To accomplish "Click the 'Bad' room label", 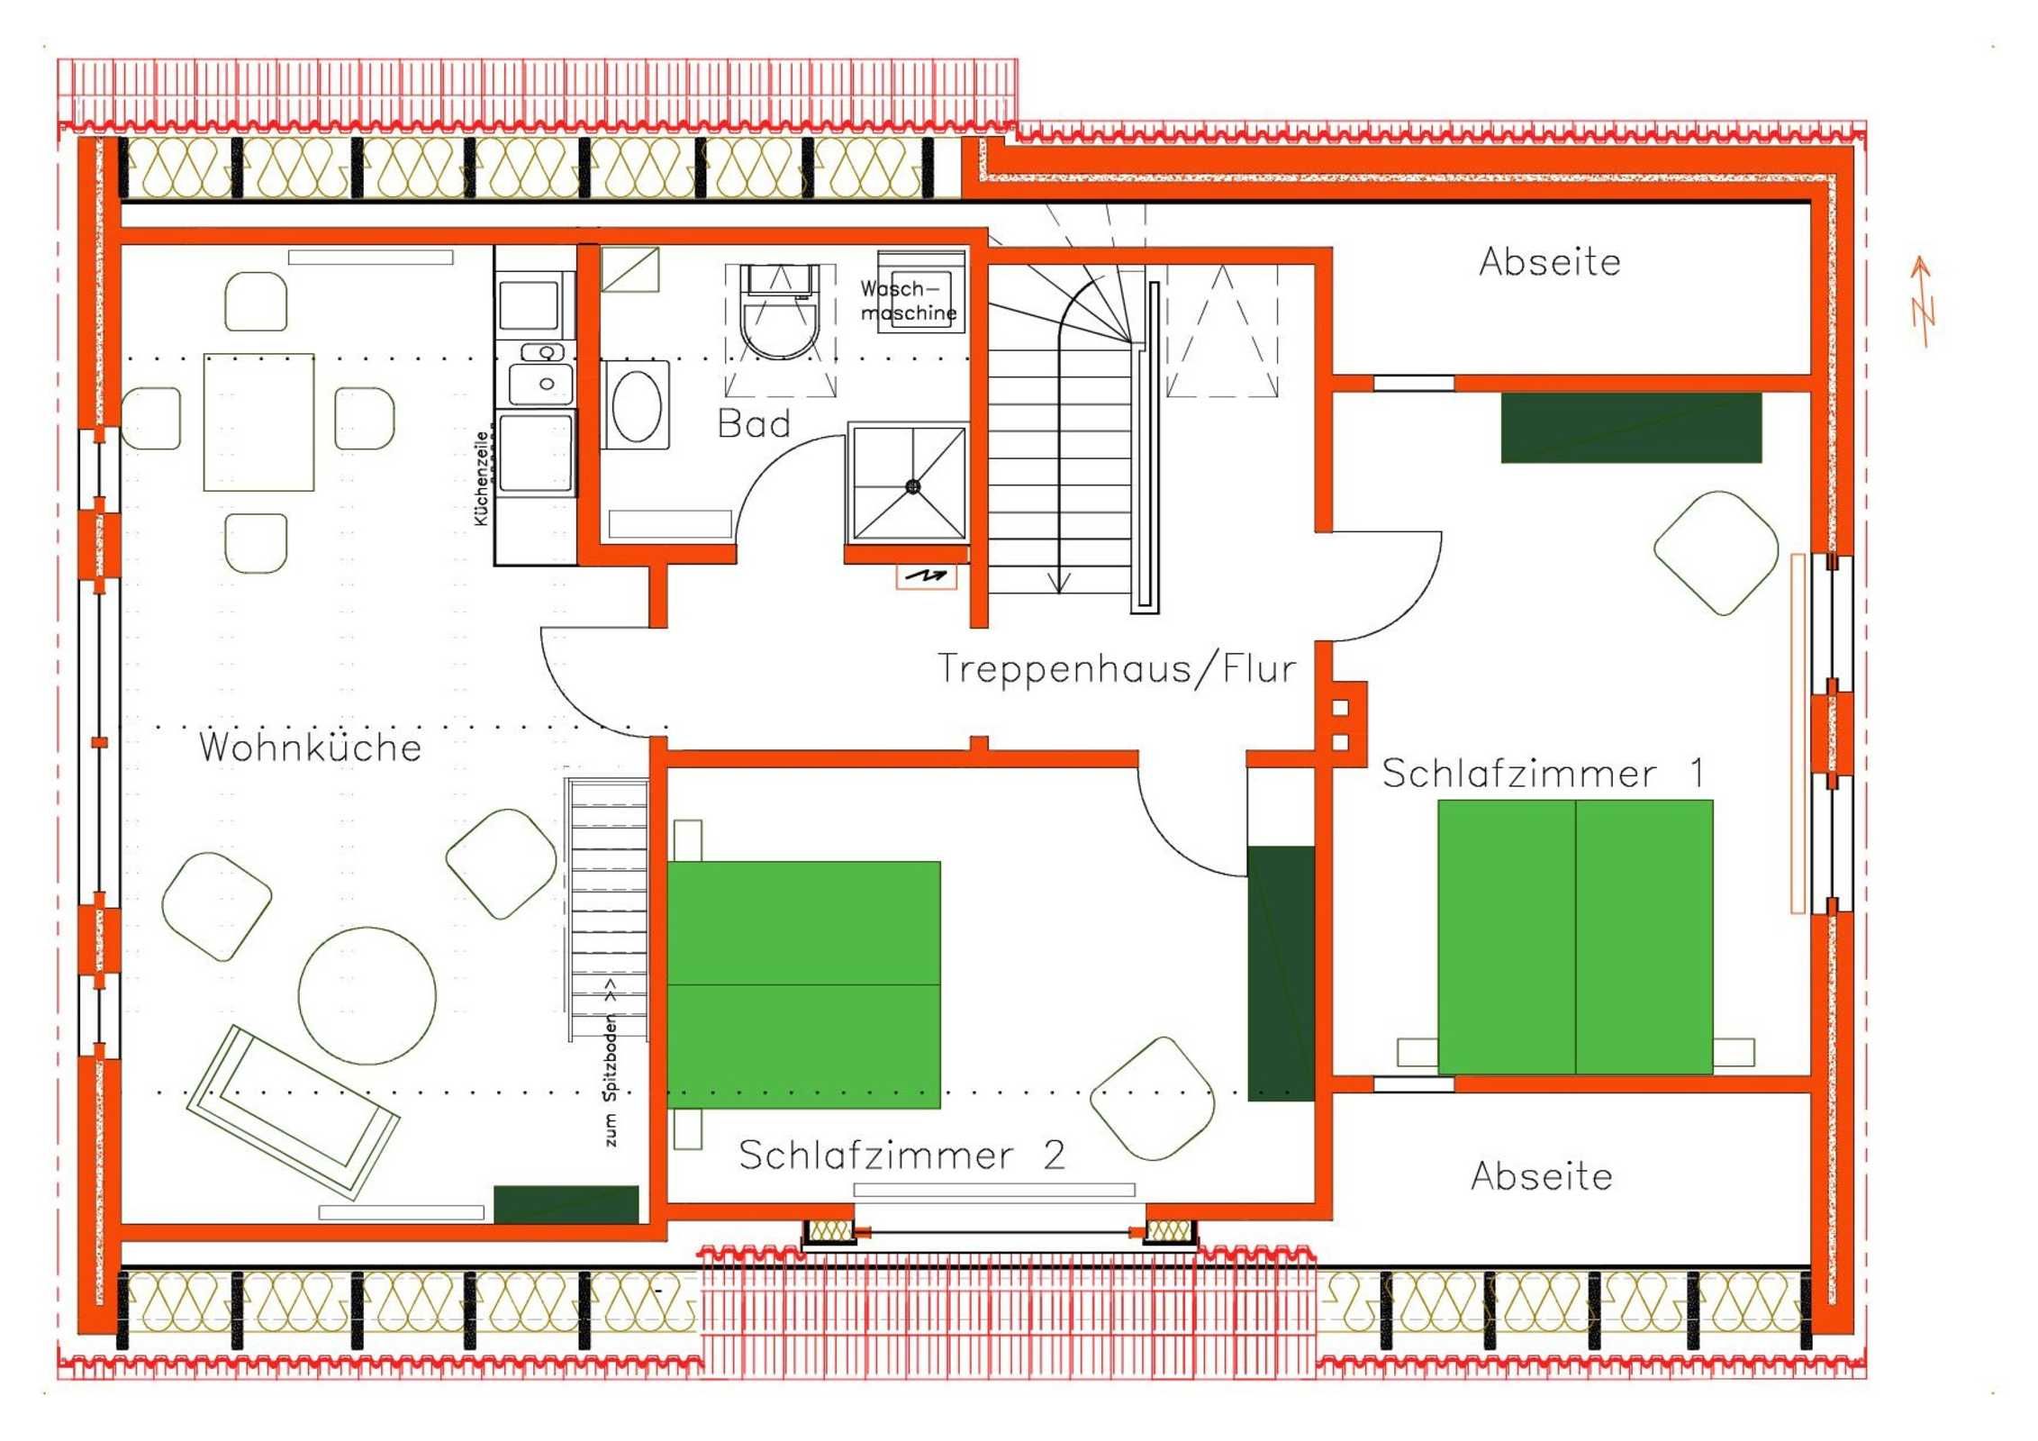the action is click(754, 423).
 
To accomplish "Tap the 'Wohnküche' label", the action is click(311, 748).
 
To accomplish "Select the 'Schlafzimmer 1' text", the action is click(1543, 774).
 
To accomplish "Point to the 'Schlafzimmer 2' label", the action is click(901, 1156).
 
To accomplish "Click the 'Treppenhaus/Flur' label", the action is click(1117, 668).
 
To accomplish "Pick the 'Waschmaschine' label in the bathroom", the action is click(908, 301).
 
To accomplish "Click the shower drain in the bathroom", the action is click(912, 486).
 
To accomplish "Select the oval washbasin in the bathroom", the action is click(637, 405).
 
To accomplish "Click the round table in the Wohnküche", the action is click(367, 996).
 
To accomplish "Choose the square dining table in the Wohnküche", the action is click(259, 422).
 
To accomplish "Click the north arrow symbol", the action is click(1923, 302).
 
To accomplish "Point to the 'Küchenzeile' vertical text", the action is click(481, 478).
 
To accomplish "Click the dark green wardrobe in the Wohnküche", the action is click(566, 1204).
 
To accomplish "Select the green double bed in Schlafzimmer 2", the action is click(803, 984).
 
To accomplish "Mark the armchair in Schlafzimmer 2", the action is click(1152, 1099).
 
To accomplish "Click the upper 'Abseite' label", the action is click(1550, 262).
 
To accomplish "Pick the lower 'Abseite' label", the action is click(1542, 1176).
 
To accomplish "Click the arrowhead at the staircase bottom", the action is click(1059, 583).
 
